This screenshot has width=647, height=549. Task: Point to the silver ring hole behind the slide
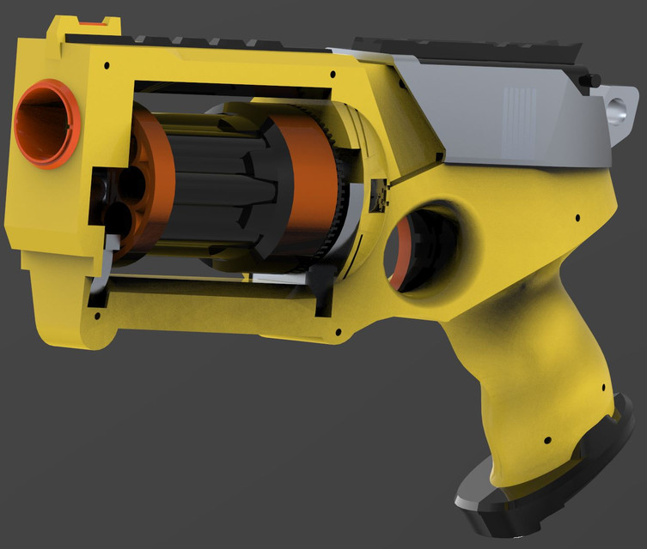pyautogui.click(x=619, y=110)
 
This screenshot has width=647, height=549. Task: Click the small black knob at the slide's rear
pyautogui.click(x=590, y=81)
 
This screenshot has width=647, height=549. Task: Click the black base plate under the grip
pyautogui.click(x=550, y=480)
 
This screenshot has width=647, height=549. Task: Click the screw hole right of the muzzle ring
pyautogui.click(x=106, y=64)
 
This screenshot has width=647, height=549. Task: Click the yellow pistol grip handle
pyautogui.click(x=533, y=369)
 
